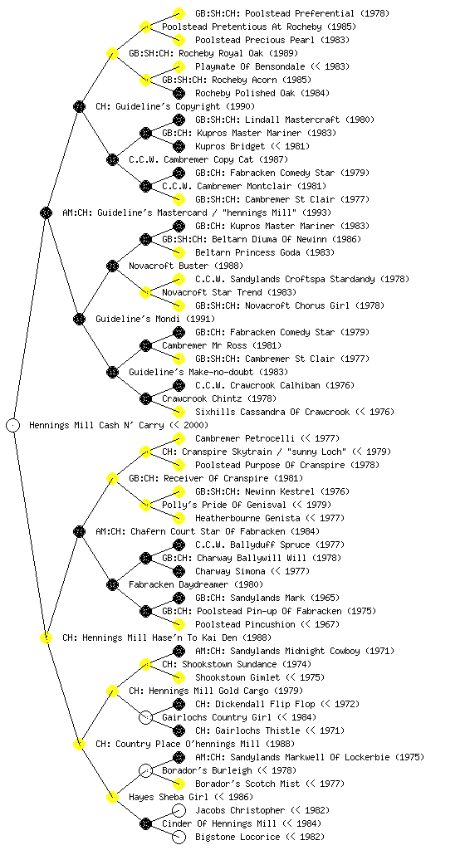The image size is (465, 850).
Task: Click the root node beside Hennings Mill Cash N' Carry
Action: point(13,425)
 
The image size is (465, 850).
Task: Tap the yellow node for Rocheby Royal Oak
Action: point(112,53)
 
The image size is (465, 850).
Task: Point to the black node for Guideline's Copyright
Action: point(79,106)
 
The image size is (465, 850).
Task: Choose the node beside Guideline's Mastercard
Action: point(46,212)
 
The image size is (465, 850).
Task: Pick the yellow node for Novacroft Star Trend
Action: point(145,292)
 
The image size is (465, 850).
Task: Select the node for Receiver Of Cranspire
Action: point(112,478)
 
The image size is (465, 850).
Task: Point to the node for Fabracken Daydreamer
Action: point(112,584)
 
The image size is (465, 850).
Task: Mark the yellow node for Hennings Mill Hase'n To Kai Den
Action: point(46,637)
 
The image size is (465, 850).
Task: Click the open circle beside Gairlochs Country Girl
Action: point(145,717)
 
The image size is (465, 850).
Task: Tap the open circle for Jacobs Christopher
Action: point(179,810)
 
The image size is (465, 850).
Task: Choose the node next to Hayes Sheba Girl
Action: point(112,797)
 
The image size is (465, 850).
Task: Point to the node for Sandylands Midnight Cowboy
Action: point(179,651)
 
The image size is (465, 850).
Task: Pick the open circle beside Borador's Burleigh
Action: point(145,770)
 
